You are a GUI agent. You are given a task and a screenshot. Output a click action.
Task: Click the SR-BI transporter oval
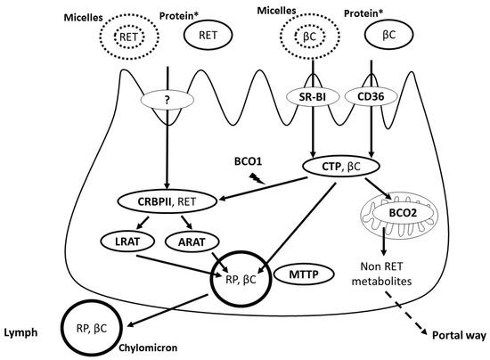tap(313, 97)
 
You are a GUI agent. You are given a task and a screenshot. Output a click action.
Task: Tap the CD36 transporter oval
tap(371, 97)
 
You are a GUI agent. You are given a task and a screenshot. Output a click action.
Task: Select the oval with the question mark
tap(167, 100)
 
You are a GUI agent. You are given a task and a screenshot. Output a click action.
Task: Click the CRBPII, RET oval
tap(167, 201)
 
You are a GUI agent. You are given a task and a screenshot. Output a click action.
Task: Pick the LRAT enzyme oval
tap(127, 241)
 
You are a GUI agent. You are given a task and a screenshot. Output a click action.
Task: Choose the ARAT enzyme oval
tap(192, 241)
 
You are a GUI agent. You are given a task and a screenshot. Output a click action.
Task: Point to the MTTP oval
tap(304, 274)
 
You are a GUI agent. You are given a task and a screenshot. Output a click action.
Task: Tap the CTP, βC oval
tap(341, 167)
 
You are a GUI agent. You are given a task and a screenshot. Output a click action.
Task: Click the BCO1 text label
tap(249, 161)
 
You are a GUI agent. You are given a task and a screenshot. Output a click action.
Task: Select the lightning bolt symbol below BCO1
tap(257, 179)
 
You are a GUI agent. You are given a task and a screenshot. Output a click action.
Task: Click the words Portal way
tap(459, 336)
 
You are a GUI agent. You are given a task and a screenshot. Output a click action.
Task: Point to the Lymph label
tap(20, 332)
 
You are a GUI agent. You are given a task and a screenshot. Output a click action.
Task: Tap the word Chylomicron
tap(148, 348)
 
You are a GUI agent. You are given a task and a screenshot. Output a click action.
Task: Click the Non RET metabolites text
tap(381, 274)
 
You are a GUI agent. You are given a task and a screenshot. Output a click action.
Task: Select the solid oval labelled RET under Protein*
tap(208, 35)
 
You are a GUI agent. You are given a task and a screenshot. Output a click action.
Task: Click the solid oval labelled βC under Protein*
tap(388, 34)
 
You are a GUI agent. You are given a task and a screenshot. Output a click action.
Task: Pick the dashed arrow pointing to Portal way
tap(406, 314)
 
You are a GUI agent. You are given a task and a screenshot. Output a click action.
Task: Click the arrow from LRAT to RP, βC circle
tap(177, 266)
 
